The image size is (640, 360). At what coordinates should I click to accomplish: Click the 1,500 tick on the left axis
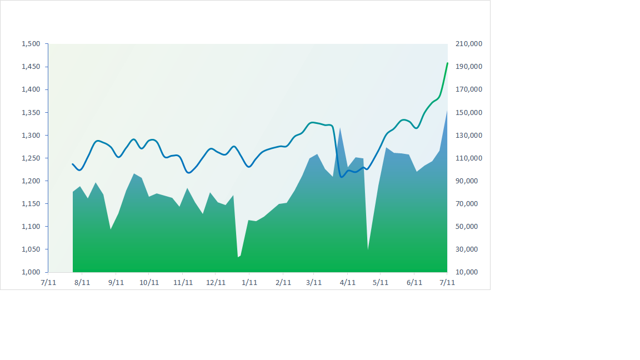pos(31,44)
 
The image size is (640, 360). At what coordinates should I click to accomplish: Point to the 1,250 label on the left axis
pos(31,158)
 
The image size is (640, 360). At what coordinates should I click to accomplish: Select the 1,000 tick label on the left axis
pos(31,272)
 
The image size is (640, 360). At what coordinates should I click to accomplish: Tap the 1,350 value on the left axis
pos(31,112)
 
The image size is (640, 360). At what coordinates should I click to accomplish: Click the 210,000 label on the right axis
pos(468,44)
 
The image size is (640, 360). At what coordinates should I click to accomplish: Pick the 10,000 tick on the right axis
pos(468,272)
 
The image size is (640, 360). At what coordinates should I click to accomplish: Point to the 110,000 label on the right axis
pos(468,158)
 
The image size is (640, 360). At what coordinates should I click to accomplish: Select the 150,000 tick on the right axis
pos(468,112)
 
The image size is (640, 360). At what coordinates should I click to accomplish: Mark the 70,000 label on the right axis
pos(468,204)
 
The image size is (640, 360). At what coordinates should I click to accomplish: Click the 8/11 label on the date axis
pos(82,282)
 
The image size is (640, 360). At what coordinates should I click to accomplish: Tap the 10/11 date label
pos(149,282)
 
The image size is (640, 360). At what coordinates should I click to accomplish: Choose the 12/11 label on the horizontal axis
pos(216,282)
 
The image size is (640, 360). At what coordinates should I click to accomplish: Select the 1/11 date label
pos(249,282)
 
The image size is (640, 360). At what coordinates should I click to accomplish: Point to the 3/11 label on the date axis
pos(314,282)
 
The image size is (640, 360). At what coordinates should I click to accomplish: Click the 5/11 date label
pos(380,282)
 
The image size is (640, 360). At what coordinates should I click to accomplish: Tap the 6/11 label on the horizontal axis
pos(414,282)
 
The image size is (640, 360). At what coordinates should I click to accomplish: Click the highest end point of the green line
pos(447,63)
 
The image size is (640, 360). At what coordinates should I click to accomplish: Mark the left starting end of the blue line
pos(73,164)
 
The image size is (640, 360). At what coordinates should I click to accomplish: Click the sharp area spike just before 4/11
pos(340,128)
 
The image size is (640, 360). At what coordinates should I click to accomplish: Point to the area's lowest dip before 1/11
pos(238,257)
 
